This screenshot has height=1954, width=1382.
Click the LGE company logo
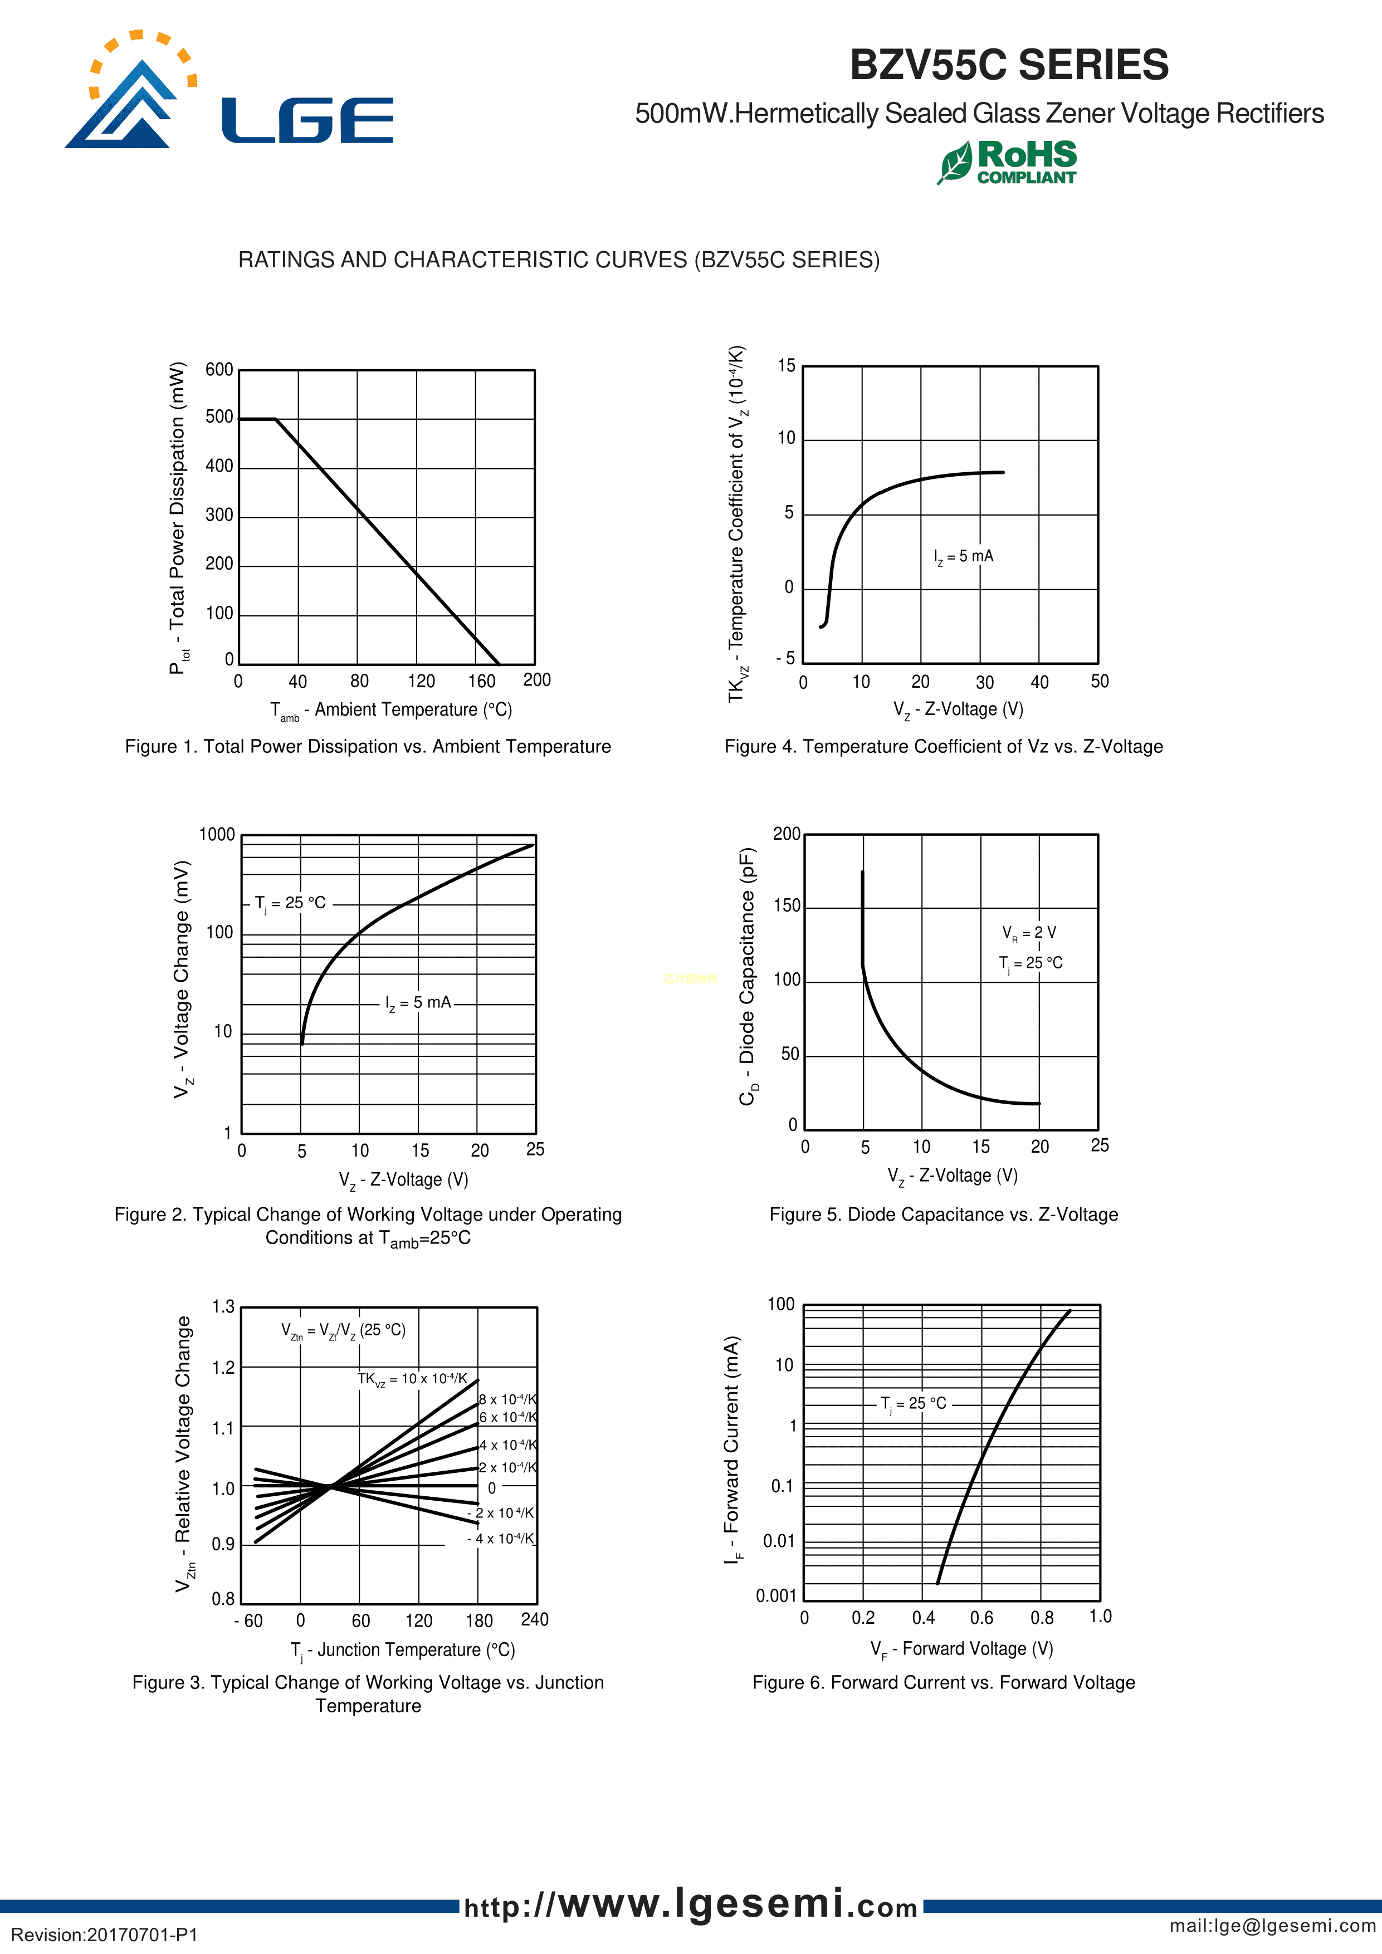tap(228, 92)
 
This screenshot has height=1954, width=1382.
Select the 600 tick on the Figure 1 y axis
tap(219, 369)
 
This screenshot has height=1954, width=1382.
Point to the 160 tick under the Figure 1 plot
tap(481, 681)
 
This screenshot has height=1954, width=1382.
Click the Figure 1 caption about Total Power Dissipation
tap(368, 746)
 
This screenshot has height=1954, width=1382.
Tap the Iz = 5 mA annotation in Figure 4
tap(963, 557)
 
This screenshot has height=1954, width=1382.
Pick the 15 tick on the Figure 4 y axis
tap(786, 366)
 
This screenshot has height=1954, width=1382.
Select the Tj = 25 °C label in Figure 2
tap(290, 903)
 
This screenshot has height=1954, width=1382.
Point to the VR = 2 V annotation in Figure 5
tap(1029, 933)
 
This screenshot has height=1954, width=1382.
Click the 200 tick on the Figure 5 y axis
tap(786, 834)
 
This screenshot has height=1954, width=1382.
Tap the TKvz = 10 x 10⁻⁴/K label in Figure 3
tap(412, 1379)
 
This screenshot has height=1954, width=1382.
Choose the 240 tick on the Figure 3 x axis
tap(535, 1619)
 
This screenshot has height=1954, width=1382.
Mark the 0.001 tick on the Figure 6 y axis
tap(776, 1596)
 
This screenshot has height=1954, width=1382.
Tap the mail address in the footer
tap(1272, 1925)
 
